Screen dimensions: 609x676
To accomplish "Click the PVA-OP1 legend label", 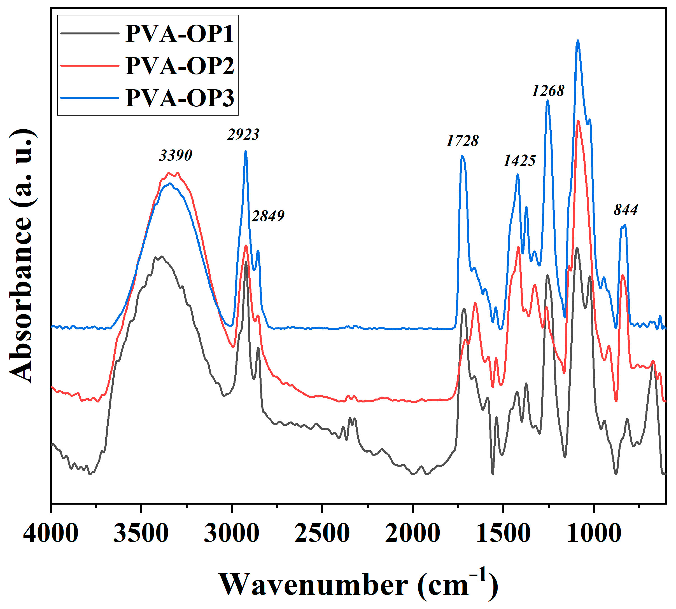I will (180, 34).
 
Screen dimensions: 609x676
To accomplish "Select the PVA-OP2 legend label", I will (180, 65).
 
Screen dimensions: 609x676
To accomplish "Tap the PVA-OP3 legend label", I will (180, 98).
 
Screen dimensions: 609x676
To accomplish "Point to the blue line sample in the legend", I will (90, 98).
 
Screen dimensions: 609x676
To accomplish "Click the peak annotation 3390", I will (176, 155).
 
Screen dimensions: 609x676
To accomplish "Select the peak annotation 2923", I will (243, 135).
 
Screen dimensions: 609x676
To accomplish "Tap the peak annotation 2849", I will (268, 216).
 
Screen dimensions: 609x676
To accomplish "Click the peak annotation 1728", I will (462, 141).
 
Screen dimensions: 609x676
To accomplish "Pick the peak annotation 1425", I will (519, 161).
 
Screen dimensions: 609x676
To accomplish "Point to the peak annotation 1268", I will (548, 91).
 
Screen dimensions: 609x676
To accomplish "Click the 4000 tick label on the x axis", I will (51, 533).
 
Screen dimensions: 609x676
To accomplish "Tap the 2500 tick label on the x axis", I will (322, 533).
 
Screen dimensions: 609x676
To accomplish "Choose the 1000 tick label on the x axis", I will (594, 533).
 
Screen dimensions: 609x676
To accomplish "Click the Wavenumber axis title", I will (358, 584).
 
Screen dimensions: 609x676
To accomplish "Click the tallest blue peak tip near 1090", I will (577, 41).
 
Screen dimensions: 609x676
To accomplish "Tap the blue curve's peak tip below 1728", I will (462, 156).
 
